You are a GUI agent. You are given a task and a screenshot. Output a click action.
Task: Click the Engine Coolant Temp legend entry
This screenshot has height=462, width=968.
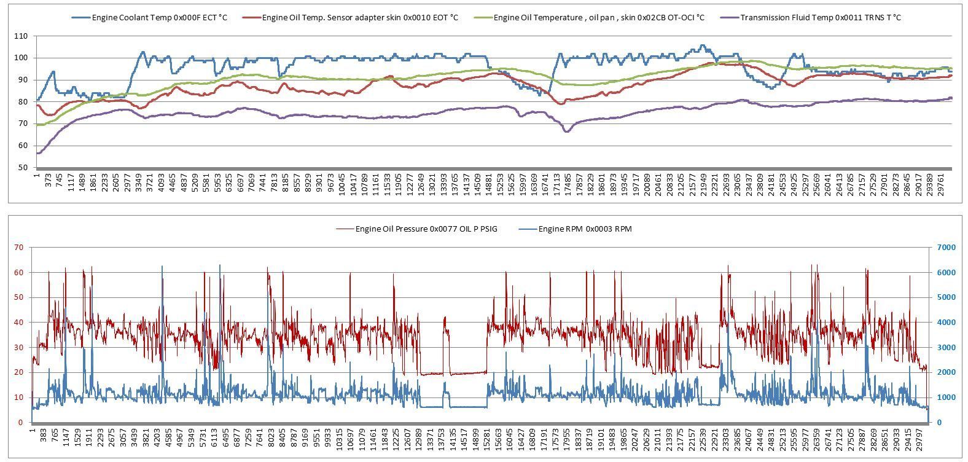149,18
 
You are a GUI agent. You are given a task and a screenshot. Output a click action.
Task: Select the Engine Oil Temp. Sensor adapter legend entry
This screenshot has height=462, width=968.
351,18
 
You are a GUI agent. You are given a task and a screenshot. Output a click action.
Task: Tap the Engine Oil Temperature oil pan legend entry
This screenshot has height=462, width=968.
590,18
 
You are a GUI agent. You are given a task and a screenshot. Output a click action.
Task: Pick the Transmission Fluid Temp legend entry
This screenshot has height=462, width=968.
811,18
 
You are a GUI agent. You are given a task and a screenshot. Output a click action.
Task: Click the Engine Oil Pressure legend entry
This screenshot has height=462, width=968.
417,229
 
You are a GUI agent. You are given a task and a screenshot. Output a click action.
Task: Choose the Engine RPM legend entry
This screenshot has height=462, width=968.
575,229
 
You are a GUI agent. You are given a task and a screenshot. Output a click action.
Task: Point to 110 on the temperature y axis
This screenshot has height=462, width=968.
21,36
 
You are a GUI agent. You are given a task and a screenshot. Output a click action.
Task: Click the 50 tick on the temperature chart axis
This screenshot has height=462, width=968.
23,168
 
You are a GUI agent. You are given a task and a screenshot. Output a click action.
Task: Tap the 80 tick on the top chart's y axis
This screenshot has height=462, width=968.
23,102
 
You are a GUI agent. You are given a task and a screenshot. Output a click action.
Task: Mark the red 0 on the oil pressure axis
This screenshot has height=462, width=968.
20,423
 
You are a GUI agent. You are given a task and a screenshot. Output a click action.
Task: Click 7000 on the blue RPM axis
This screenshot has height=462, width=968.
946,248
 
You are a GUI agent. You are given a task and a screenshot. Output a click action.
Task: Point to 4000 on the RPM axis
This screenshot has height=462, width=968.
946,323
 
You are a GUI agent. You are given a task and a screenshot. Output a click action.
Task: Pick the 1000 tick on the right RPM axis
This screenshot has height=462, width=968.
946,397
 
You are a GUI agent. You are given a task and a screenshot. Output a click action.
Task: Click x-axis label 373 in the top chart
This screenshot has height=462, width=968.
49,180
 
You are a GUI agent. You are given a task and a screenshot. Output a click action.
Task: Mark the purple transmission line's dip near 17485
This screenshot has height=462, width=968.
566,131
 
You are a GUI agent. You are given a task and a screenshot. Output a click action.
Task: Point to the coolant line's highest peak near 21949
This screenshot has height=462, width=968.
702,45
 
